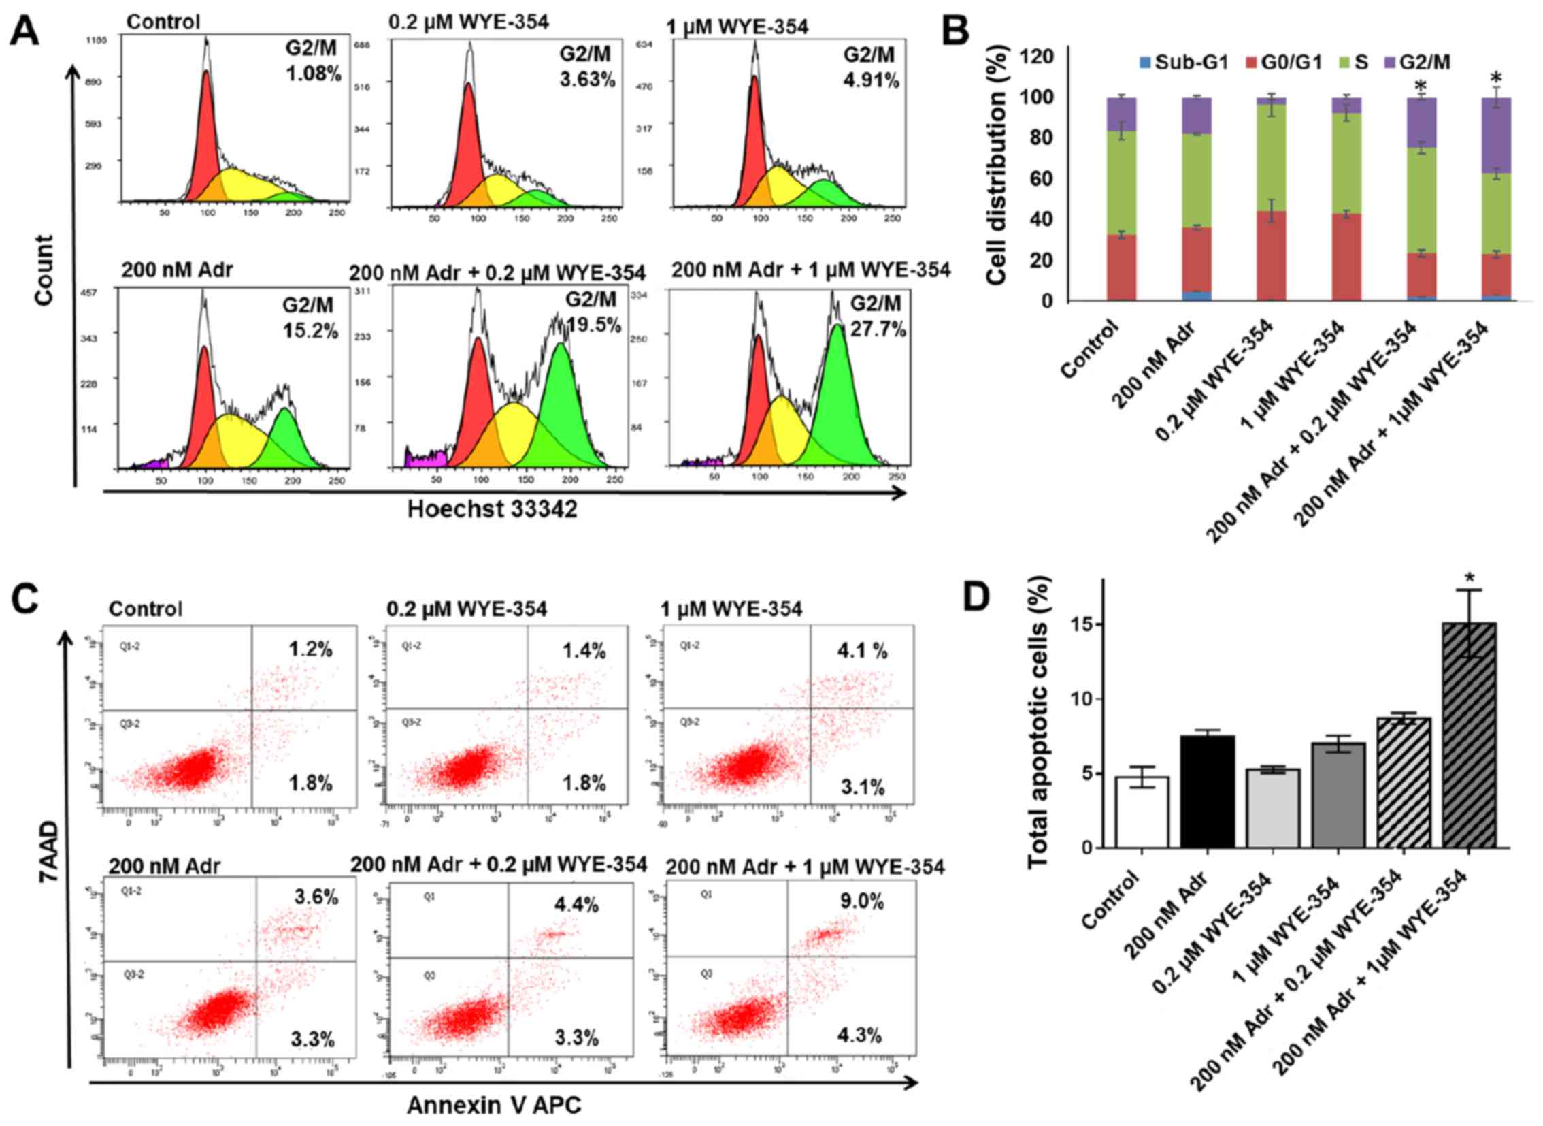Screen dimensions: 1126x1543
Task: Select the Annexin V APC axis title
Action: pyautogui.click(x=494, y=1105)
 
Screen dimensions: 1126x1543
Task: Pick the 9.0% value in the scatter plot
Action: pyautogui.click(x=861, y=903)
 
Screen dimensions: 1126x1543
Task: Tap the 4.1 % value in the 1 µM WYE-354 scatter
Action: pyautogui.click(x=863, y=651)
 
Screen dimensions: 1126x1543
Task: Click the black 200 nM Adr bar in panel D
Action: pyautogui.click(x=1207, y=790)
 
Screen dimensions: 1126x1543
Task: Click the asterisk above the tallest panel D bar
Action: pyautogui.click(x=1470, y=578)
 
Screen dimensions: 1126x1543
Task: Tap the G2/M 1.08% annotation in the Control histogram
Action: pyautogui.click(x=313, y=63)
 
